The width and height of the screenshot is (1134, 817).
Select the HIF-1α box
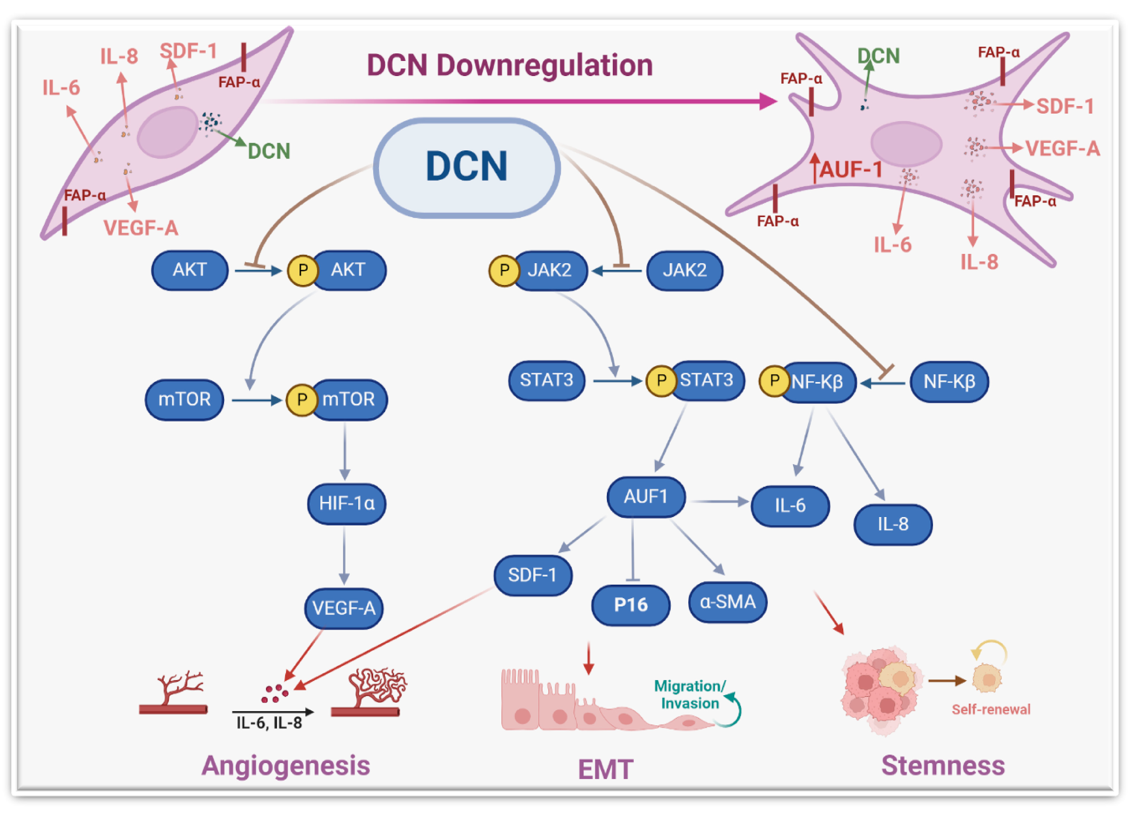[347, 503]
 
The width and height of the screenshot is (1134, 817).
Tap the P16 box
[631, 605]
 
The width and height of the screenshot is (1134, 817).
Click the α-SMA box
[727, 602]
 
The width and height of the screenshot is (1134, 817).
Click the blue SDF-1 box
[533, 575]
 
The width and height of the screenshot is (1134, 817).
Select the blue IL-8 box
[893, 524]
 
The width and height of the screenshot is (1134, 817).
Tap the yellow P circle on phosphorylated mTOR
[301, 400]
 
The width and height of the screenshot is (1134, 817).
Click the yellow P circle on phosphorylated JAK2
[504, 270]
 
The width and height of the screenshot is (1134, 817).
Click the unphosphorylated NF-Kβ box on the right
[949, 382]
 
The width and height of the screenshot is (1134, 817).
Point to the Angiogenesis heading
[286, 765]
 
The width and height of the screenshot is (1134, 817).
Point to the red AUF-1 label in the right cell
[850, 169]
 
